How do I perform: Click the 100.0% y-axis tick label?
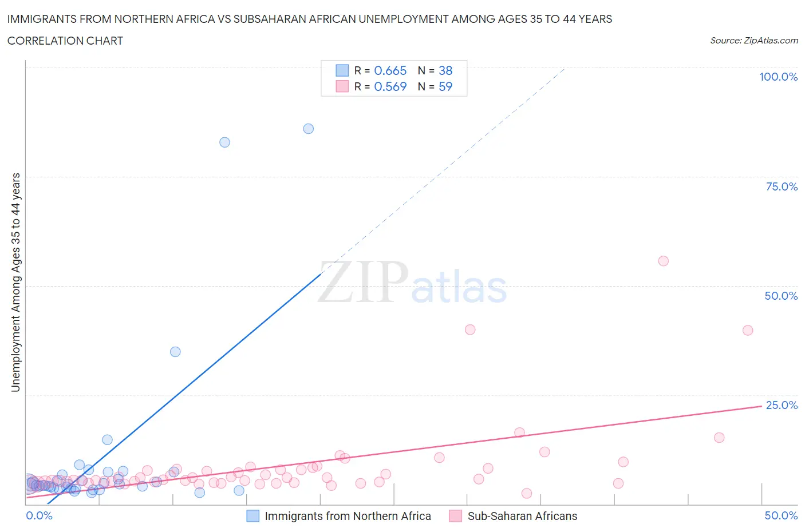(778, 77)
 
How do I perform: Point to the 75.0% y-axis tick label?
(782, 186)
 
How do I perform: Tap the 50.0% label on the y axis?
(781, 296)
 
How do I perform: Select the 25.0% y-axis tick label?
(782, 405)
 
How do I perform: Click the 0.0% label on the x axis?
(39, 515)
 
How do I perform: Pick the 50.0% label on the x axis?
(781, 515)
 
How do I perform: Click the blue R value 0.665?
(390, 70)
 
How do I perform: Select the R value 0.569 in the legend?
(390, 86)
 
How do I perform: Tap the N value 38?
(445, 70)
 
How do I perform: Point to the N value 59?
(445, 86)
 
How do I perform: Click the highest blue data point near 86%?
(308, 129)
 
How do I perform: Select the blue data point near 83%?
(224, 142)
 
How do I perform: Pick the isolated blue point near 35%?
(175, 352)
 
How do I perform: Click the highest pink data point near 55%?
(663, 261)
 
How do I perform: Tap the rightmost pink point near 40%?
(747, 330)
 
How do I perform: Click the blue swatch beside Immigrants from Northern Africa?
(253, 516)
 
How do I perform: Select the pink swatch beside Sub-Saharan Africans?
(456, 516)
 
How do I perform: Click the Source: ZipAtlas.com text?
(753, 41)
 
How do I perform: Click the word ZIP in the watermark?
(363, 282)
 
